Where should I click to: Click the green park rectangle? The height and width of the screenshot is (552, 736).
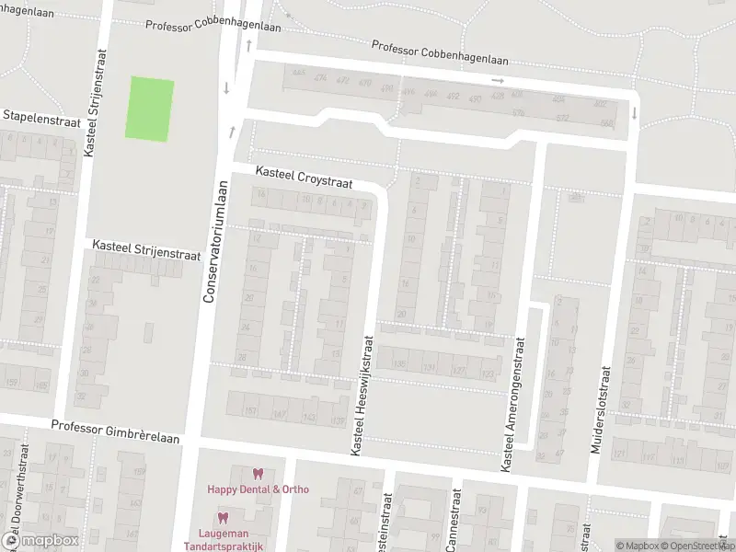click(x=149, y=109)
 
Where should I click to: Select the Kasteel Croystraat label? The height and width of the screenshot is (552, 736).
click(x=305, y=178)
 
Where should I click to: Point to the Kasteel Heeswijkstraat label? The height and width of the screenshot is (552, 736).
click(x=362, y=394)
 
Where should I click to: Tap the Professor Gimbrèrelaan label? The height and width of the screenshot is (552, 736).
click(x=115, y=427)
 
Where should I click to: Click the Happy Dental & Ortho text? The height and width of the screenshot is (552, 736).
click(x=258, y=489)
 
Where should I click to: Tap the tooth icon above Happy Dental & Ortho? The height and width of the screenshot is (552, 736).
click(x=258, y=474)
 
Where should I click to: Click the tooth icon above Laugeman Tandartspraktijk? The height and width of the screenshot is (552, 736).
click(x=223, y=518)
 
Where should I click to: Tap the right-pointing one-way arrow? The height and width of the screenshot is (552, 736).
click(x=499, y=81)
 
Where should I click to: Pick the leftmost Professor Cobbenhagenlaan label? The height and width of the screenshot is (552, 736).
click(x=213, y=25)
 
